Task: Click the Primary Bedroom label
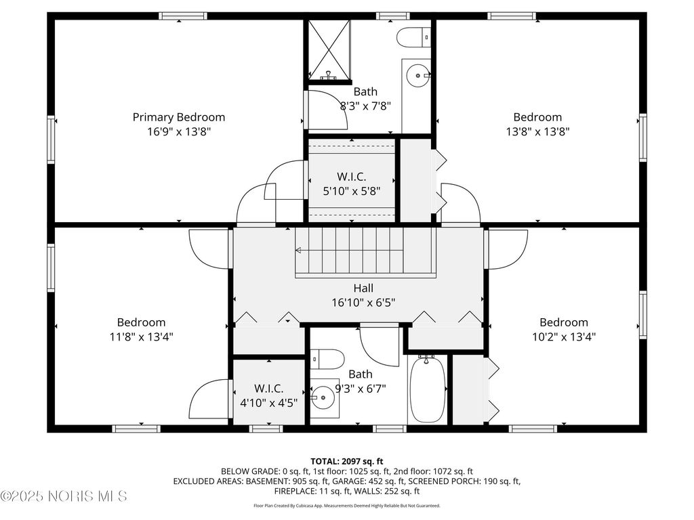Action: pyautogui.click(x=179, y=117)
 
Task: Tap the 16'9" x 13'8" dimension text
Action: pyautogui.click(x=179, y=131)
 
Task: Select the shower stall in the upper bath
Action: pyautogui.click(x=329, y=50)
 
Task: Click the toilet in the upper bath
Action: pyautogui.click(x=413, y=37)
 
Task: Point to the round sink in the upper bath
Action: pyautogui.click(x=417, y=76)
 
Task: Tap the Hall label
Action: pyautogui.click(x=363, y=288)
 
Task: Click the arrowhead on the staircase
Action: pyautogui.click(x=298, y=251)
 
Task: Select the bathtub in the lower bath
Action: pyautogui.click(x=427, y=389)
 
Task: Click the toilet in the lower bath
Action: pyautogui.click(x=327, y=359)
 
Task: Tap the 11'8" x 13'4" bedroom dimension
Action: pyautogui.click(x=141, y=337)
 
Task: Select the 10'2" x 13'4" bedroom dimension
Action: pyautogui.click(x=564, y=337)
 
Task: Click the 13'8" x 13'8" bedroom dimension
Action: pyautogui.click(x=537, y=131)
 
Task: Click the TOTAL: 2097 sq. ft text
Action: pyautogui.click(x=347, y=462)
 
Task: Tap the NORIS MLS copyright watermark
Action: pyautogui.click(x=64, y=496)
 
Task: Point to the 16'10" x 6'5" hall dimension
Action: pyautogui.click(x=363, y=303)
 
